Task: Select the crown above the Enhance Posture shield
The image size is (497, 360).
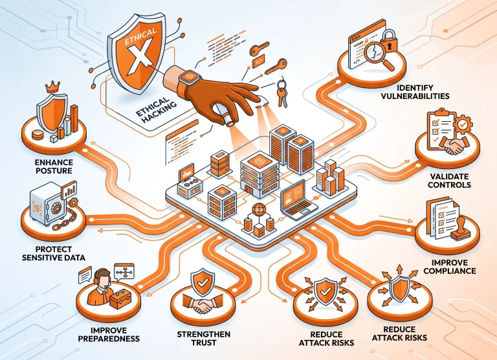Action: pyautogui.click(x=52, y=87)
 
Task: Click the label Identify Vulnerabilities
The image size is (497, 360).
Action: pyautogui.click(x=415, y=92)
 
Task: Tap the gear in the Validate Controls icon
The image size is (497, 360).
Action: pyautogui.click(x=463, y=124)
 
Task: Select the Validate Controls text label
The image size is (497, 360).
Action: pyautogui.click(x=449, y=181)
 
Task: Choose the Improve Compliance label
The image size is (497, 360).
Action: pyautogui.click(x=450, y=267)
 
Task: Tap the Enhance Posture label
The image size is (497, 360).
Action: pyautogui.click(x=54, y=166)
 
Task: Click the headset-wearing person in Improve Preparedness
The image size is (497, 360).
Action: pyautogui.click(x=100, y=287)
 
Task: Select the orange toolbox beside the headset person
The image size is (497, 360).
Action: pyautogui.click(x=120, y=298)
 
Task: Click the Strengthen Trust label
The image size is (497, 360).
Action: pyautogui.click(x=203, y=339)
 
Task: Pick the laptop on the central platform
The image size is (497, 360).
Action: pyautogui.click(x=298, y=201)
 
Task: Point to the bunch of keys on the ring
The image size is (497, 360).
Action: pyautogui.click(x=282, y=92)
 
